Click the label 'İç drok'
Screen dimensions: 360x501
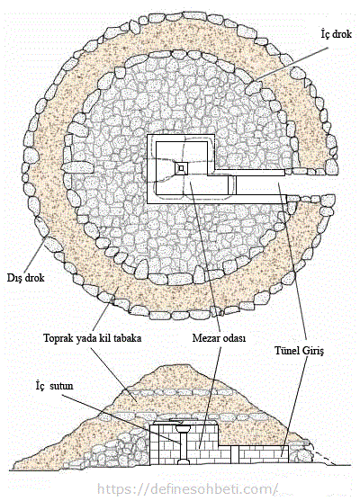tap(336, 33)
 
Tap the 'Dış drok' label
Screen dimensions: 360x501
tap(25, 278)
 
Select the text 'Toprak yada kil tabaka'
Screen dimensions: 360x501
tap(93, 338)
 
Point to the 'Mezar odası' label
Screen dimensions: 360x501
tap(219, 338)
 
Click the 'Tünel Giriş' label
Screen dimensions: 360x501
tap(300, 351)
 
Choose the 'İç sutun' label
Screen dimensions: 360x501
tap(54, 386)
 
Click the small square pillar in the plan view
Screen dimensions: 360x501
tap(181, 168)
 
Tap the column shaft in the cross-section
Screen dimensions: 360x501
tap(184, 445)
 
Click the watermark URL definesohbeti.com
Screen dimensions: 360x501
tap(186, 489)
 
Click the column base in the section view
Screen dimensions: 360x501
tap(184, 461)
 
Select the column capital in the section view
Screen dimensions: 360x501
tap(184, 427)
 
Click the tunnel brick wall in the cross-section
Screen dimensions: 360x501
tap(264, 454)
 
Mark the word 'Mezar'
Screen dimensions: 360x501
tap(205, 338)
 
